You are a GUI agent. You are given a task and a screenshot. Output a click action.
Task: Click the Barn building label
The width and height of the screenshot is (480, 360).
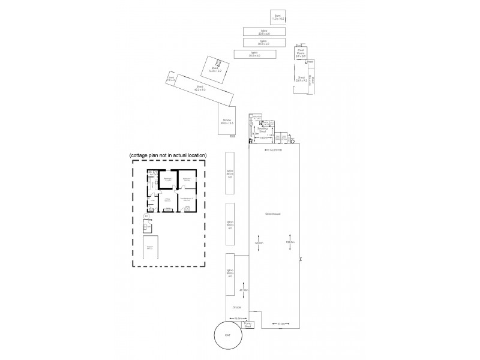tap(277, 18)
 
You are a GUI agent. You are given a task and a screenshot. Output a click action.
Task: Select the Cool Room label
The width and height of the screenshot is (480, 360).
tap(301, 53)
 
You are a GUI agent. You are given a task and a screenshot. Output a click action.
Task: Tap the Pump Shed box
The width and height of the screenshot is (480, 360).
tap(248, 325)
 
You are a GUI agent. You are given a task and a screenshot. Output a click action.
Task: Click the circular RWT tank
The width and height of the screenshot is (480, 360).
tap(227, 335)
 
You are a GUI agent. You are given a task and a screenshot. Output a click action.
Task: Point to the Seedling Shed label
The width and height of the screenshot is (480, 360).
tap(262, 129)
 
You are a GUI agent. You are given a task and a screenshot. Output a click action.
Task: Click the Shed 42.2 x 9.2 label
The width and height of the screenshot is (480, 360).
tap(200, 88)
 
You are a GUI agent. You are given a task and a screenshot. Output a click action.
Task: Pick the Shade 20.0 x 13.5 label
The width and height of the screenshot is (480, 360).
tap(227, 122)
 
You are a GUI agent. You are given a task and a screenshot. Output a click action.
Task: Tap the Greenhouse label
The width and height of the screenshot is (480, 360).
tap(274, 214)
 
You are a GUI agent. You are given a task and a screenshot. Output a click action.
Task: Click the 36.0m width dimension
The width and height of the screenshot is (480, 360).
tap(275, 150)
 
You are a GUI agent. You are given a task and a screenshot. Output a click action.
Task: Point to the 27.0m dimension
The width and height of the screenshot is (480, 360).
tap(281, 324)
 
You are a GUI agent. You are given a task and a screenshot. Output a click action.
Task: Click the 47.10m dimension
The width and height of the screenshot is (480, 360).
tap(244, 290)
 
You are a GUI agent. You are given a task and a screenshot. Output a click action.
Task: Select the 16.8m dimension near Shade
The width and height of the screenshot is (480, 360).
tap(238, 318)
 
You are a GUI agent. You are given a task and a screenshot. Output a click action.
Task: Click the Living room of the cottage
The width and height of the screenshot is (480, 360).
tap(168, 200)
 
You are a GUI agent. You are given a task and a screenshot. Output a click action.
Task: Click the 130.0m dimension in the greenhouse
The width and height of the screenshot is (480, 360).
tap(290, 242)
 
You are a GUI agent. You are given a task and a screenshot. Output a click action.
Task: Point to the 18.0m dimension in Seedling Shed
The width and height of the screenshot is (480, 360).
tap(263, 137)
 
